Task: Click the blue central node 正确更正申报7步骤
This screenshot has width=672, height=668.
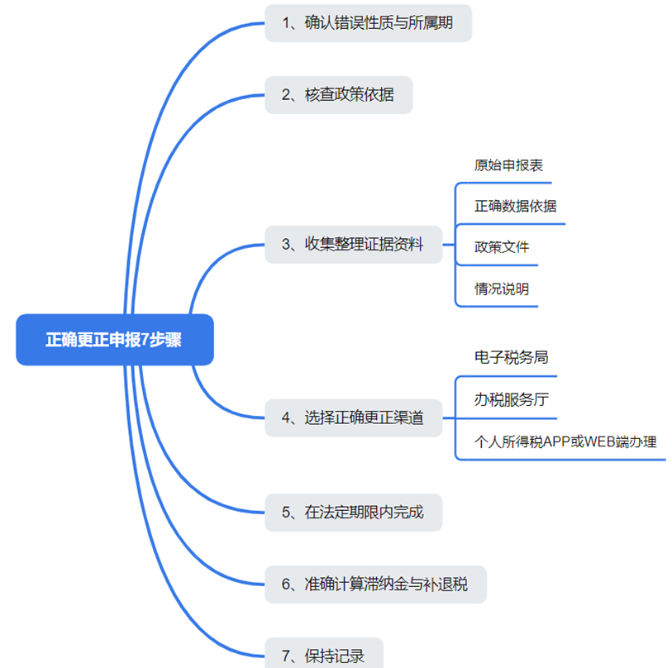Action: (114, 340)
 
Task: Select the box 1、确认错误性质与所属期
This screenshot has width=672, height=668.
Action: (368, 23)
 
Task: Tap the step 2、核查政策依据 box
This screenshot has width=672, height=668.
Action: (338, 95)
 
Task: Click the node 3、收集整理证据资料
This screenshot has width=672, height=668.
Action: (353, 244)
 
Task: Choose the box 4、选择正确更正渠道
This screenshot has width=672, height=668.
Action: (353, 417)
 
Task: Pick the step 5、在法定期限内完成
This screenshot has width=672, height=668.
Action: (353, 513)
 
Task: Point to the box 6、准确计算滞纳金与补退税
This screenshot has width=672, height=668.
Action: (374, 584)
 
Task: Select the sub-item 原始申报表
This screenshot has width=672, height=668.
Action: (508, 165)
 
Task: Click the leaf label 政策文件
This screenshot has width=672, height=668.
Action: (502, 247)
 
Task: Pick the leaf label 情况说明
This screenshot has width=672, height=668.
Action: (502, 289)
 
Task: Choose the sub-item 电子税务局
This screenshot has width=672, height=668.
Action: (511, 357)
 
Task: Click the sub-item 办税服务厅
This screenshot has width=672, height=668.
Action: (511, 399)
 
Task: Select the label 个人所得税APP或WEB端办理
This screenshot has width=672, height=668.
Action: (565, 441)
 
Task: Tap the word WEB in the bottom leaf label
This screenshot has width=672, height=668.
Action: (598, 441)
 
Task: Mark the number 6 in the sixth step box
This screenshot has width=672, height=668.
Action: (286, 584)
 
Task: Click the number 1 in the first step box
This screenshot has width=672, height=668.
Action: (286, 23)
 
